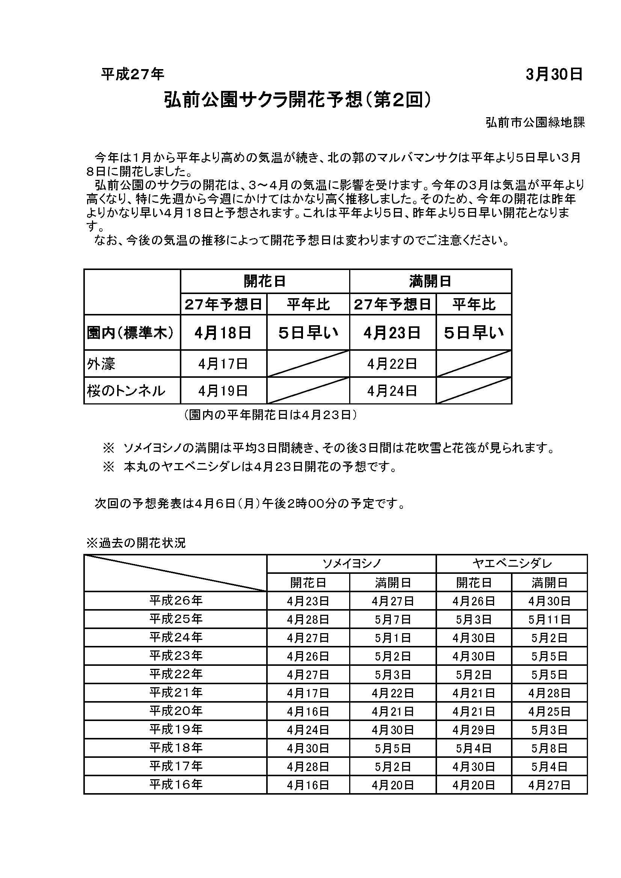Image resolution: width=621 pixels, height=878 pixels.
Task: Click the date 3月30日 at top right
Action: (554, 75)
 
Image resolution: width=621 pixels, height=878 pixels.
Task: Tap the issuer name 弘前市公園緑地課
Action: (535, 122)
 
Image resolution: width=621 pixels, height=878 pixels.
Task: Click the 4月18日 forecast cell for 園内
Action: (223, 333)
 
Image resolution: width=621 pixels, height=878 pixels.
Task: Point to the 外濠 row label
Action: (101, 364)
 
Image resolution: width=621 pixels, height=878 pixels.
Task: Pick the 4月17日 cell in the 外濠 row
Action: (223, 364)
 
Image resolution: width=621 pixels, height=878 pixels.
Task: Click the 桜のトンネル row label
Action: (126, 391)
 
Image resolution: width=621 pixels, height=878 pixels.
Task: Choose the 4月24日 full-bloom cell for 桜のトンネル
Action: (392, 391)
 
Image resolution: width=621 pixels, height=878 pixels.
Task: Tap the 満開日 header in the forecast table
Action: (430, 281)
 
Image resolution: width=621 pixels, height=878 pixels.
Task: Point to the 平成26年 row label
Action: (176, 601)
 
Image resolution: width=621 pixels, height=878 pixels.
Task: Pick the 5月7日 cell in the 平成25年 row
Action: (393, 619)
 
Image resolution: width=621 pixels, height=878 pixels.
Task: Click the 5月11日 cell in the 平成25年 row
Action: (549, 619)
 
